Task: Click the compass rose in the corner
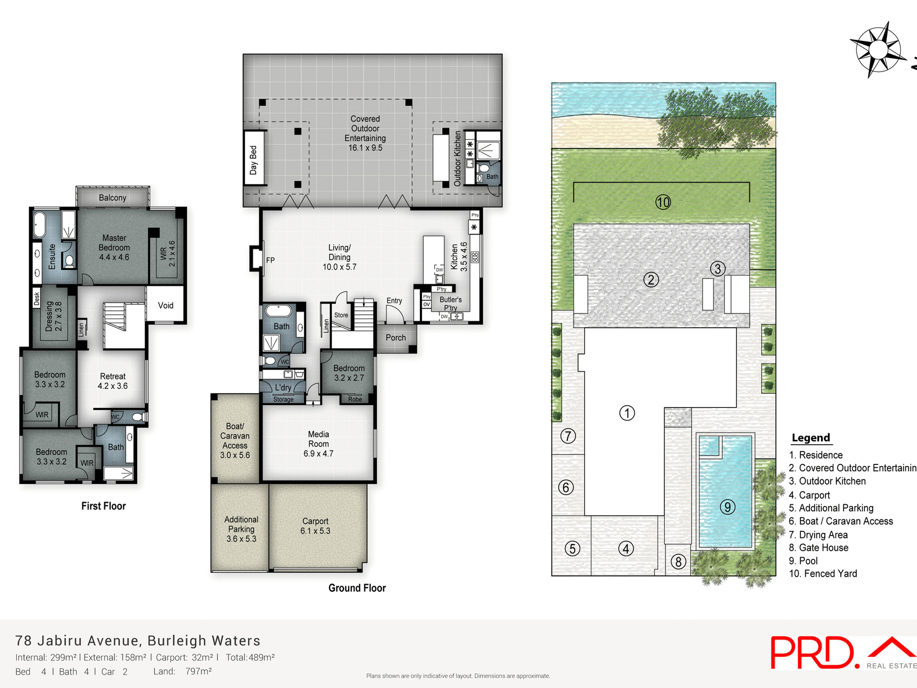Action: pyautogui.click(x=878, y=50)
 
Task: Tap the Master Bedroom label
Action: pyautogui.click(x=114, y=247)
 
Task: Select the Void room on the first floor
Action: pyautogui.click(x=165, y=305)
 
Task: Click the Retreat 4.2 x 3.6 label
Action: pyautogui.click(x=113, y=381)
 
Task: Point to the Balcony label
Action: pyautogui.click(x=113, y=198)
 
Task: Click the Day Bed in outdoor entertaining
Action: pyautogui.click(x=254, y=159)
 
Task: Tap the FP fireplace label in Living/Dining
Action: pyautogui.click(x=270, y=260)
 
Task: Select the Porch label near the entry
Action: pyautogui.click(x=395, y=338)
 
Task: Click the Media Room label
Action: pyautogui.click(x=319, y=444)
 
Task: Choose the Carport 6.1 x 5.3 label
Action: pyautogui.click(x=315, y=526)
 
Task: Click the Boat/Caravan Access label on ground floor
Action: pyautogui.click(x=235, y=441)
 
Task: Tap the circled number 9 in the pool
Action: pyautogui.click(x=727, y=507)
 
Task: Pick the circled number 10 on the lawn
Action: pyautogui.click(x=663, y=203)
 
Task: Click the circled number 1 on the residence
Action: pyautogui.click(x=627, y=413)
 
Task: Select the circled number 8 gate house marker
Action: pyautogui.click(x=678, y=562)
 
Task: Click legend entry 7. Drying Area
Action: pyautogui.click(x=818, y=535)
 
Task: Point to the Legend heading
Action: pyautogui.click(x=810, y=438)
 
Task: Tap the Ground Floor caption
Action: pyautogui.click(x=357, y=588)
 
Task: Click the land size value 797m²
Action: pyautogui.click(x=198, y=671)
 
